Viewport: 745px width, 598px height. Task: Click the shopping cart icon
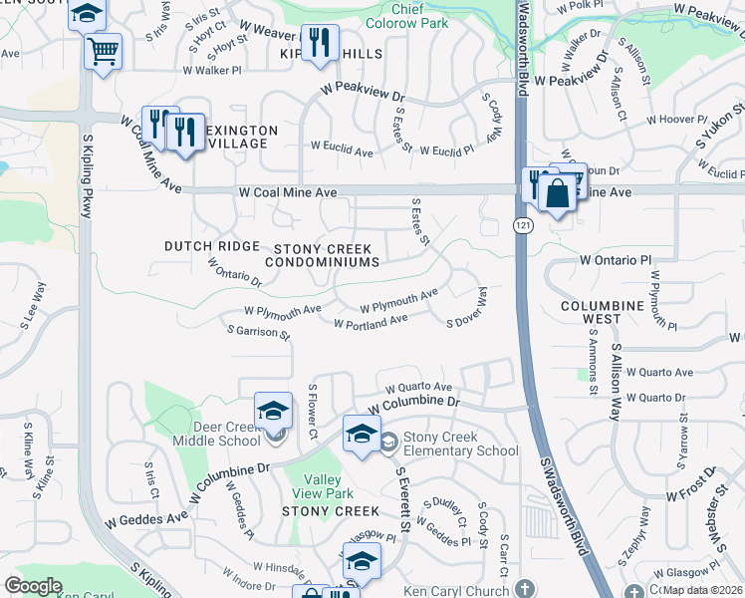(x=103, y=52)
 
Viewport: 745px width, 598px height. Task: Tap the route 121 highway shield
(x=521, y=226)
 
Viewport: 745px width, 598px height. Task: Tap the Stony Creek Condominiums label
(x=322, y=255)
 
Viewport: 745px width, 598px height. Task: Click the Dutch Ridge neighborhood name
(x=211, y=245)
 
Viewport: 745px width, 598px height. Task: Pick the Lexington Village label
(x=238, y=137)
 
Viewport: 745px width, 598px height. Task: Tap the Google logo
(x=33, y=586)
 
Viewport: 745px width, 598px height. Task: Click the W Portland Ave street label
(x=371, y=322)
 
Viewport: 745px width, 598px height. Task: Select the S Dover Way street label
(x=467, y=308)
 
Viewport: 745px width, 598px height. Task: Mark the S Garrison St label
(x=258, y=333)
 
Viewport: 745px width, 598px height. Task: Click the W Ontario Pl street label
(x=615, y=259)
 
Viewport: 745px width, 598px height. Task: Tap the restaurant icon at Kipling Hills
(x=319, y=43)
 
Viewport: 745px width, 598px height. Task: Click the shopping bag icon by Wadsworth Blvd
(x=558, y=191)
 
